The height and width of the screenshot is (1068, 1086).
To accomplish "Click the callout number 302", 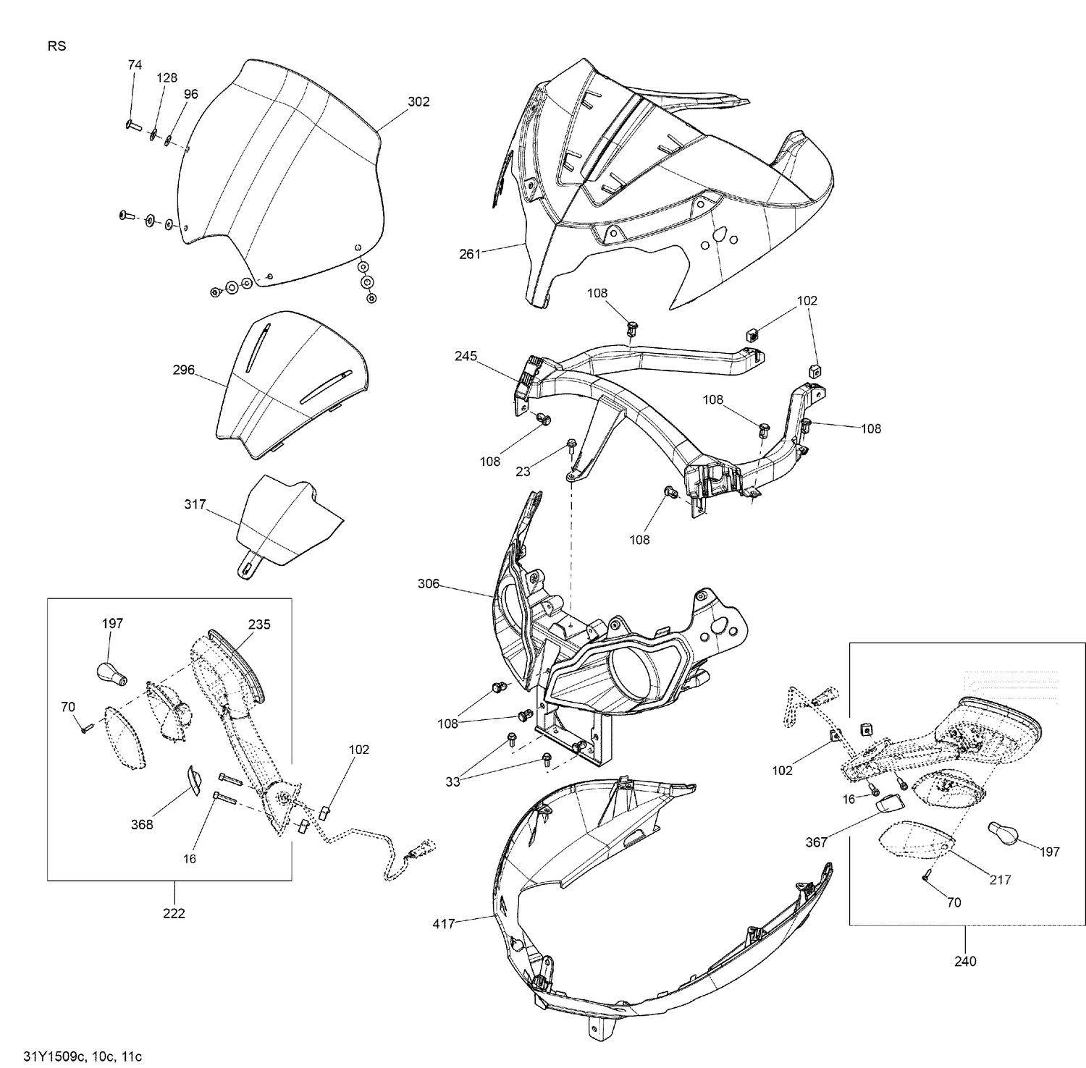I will pos(418,102).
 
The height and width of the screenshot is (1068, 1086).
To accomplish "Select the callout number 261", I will pos(470,254).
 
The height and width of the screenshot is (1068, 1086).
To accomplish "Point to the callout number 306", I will pos(429,583).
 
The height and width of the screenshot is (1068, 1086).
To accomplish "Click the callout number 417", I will pos(444,924).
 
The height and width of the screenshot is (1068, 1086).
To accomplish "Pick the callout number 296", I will pos(184,370).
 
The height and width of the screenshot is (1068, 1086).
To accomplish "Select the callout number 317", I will pos(195,504).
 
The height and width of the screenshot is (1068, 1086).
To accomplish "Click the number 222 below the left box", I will pos(174,914).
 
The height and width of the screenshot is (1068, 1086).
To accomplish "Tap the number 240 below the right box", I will pos(965,961).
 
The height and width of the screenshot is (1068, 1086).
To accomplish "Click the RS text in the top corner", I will pos(56,46).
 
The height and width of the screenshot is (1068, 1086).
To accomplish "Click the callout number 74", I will pos(135,65).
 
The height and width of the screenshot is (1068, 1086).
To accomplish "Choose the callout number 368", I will pos(142,824).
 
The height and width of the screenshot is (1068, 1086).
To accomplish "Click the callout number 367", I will pos(816,842).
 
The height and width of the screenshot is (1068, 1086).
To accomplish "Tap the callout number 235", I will pos(259,624).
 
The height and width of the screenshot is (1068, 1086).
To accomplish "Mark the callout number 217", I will pos(1000,880).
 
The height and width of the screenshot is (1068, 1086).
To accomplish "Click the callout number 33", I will pos(452,782).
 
